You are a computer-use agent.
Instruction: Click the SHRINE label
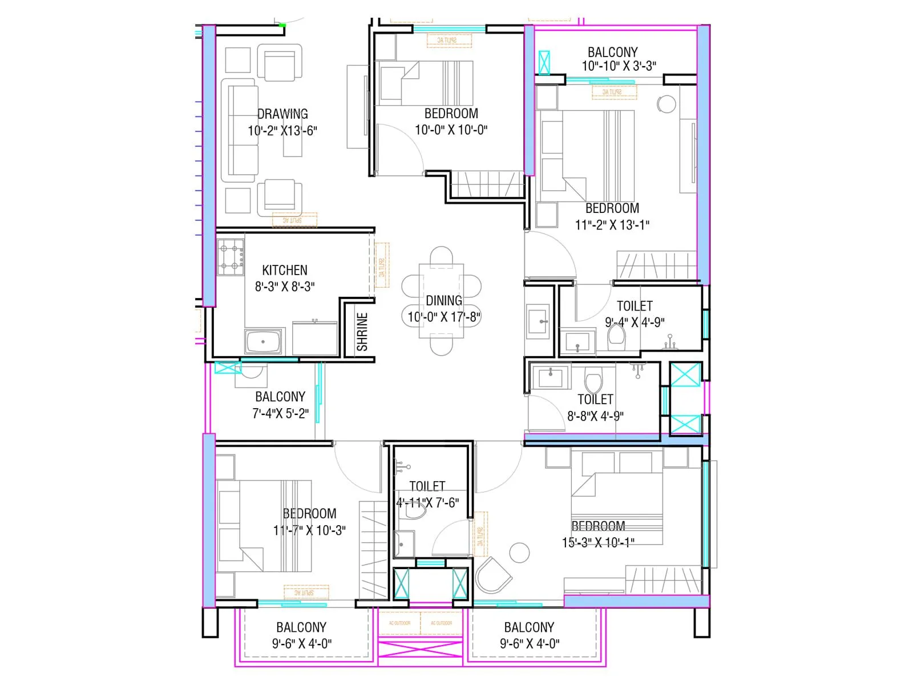pos(362,332)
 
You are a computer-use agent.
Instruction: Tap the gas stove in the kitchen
pos(232,257)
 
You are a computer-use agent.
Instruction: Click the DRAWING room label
pos(282,114)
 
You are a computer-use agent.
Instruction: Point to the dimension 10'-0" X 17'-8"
pos(444,317)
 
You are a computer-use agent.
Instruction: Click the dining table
pos(441,301)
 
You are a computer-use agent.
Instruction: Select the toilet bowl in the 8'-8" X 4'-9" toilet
pos(594,381)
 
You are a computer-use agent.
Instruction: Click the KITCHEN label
pos(284,270)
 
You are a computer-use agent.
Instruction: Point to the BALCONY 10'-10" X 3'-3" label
pos(613,53)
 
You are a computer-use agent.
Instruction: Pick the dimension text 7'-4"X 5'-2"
pos(280,413)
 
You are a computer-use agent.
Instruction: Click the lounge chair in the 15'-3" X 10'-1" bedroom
pos(494,575)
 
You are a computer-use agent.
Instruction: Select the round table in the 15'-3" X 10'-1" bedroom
pos(519,553)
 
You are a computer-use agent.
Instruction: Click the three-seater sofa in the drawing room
pos(240,131)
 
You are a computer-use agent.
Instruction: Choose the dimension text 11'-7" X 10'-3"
pos(309,530)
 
